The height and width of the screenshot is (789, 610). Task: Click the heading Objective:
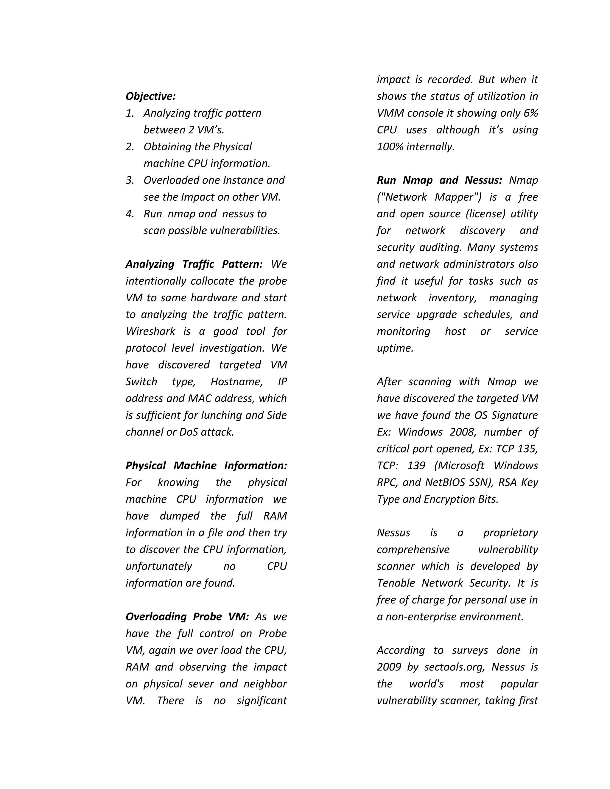[150, 96]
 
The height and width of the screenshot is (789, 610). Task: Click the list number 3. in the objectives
[130, 180]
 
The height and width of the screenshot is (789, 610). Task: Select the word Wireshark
[150, 331]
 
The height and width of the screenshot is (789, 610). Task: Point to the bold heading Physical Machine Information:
[206, 466]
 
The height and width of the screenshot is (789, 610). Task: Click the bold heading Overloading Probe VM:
[187, 617]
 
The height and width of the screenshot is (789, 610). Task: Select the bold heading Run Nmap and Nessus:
[439, 180]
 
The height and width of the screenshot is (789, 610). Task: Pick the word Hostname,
[237, 382]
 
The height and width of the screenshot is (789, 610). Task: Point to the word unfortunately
[159, 567]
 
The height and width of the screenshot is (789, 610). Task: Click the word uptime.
[395, 348]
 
